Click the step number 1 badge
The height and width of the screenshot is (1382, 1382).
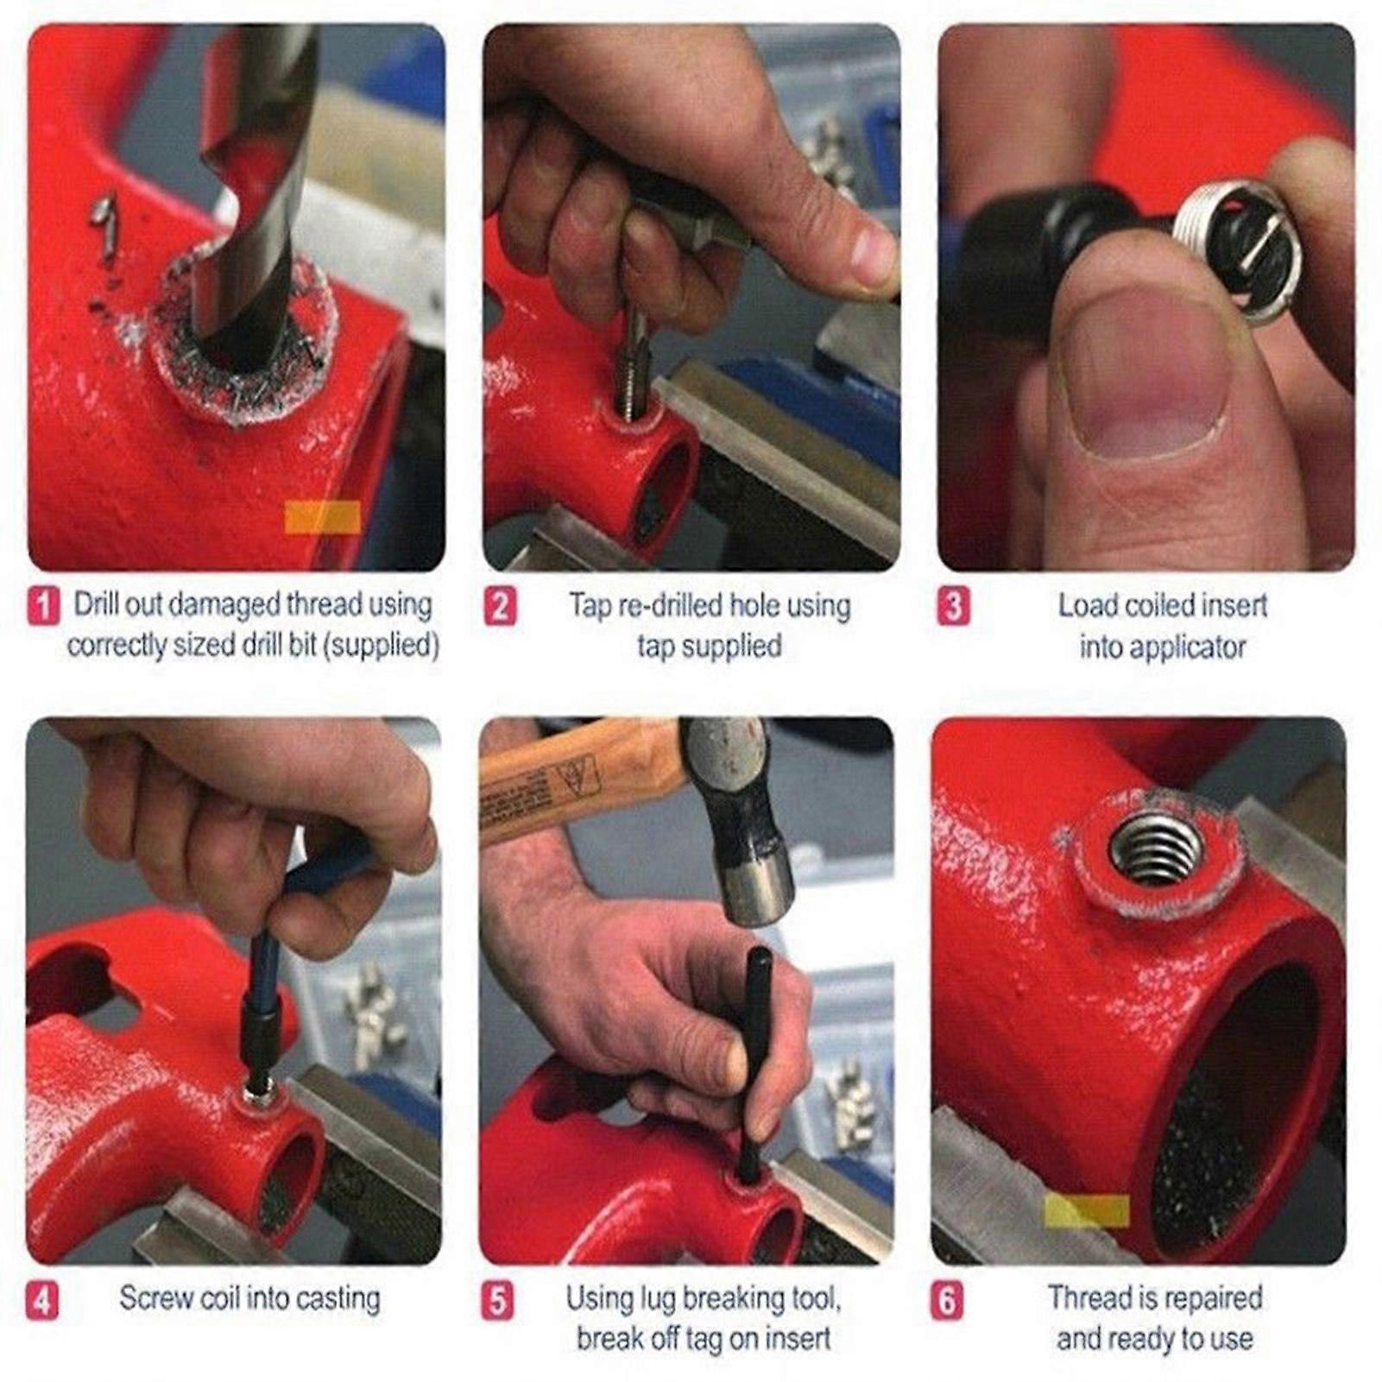pyautogui.click(x=43, y=605)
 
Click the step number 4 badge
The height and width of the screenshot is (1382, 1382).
pyautogui.click(x=41, y=1300)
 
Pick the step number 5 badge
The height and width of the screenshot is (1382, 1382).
pyautogui.click(x=496, y=1300)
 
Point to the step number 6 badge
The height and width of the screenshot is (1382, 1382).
pyautogui.click(x=947, y=1300)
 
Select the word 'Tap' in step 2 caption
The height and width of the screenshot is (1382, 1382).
pyautogui.click(x=590, y=605)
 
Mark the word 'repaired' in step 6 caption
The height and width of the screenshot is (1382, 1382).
pyautogui.click(x=1215, y=1297)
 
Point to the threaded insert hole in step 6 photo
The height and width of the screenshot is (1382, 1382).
pyautogui.click(x=1155, y=849)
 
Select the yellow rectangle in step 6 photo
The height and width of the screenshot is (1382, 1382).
pyautogui.click(x=1086, y=1210)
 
